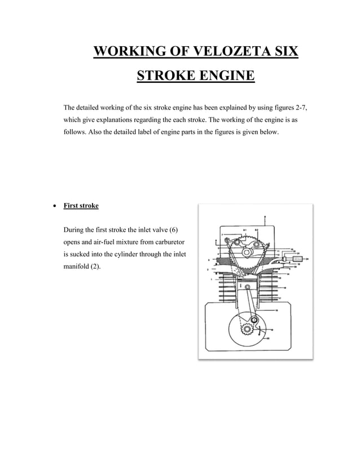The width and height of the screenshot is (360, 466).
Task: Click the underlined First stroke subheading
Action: tap(81, 206)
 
